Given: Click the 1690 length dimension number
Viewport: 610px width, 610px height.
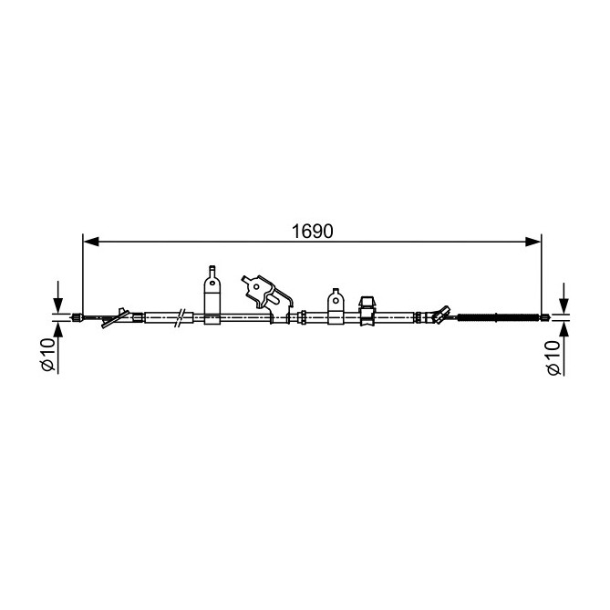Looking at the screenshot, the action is click(313, 232).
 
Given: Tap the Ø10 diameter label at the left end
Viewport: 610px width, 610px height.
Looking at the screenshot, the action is click(48, 354).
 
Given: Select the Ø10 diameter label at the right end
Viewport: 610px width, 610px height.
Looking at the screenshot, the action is click(553, 358).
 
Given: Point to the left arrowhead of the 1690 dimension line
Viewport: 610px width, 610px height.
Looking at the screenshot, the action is click(91, 242).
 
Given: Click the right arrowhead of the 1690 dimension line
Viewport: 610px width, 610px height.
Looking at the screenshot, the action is click(533, 242).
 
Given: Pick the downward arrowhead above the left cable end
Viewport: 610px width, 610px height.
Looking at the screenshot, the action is click(58, 305).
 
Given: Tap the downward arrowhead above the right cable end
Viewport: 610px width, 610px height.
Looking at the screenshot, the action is click(563, 305).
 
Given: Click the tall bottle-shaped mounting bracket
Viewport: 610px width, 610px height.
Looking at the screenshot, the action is click(212, 295).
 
